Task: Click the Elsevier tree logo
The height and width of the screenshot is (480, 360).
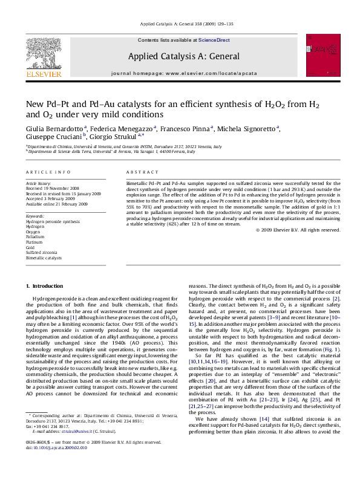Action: coord(44,57)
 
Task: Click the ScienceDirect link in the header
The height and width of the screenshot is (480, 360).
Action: coord(214,39)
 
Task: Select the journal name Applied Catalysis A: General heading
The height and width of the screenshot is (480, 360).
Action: coord(183,57)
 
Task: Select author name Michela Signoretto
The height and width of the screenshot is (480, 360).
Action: coord(250,129)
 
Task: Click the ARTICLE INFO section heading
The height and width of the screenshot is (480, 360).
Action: coord(48,172)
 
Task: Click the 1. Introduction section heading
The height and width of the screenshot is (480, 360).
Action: coord(45,285)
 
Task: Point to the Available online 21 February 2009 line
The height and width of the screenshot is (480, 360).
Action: coord(56,204)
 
